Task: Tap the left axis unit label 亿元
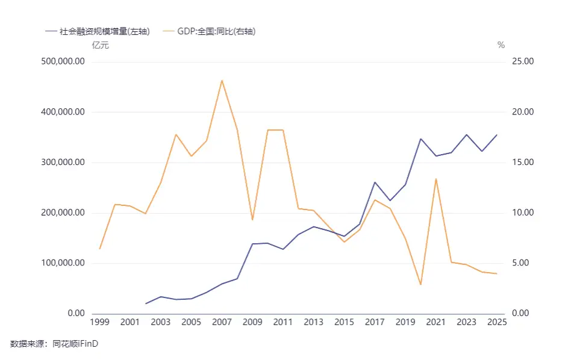[100, 45]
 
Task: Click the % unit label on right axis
[501, 45]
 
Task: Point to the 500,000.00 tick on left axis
[62, 61]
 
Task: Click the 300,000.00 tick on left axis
[62, 163]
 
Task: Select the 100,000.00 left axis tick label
[62, 263]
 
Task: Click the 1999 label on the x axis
[99, 323]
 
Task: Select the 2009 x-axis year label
[252, 323]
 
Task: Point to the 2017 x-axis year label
[375, 323]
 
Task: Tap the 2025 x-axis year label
[496, 323]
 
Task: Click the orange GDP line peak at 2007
[222, 80]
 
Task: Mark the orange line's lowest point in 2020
[420, 284]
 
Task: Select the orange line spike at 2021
[435, 179]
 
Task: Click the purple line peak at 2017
[375, 182]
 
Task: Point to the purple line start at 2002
[146, 303]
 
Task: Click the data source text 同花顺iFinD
[75, 344]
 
